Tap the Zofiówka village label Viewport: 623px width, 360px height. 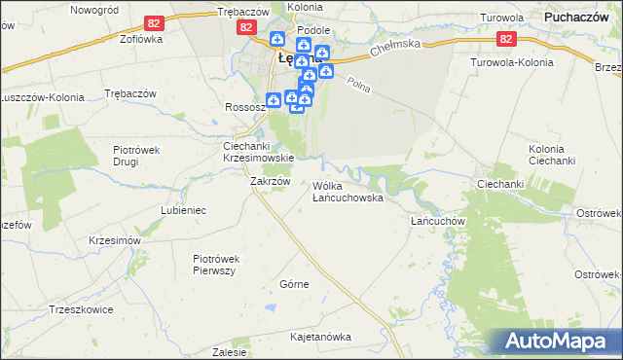click(113, 41)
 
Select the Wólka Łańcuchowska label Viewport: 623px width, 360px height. click(348, 192)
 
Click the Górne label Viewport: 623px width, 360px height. click(294, 284)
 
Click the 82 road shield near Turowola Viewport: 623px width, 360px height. click(505, 39)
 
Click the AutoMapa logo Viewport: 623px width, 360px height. click(556, 341)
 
